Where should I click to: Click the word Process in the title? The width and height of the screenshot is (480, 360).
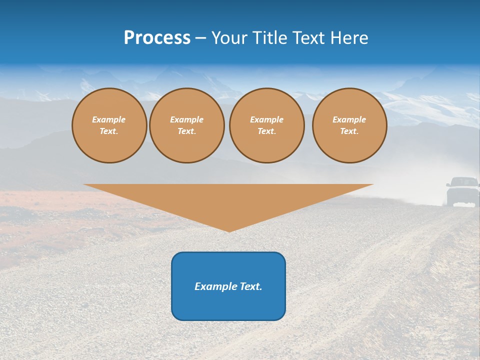tap(157, 38)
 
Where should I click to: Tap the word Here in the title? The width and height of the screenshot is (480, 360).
tap(348, 38)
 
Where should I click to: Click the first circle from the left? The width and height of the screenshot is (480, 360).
tap(109, 125)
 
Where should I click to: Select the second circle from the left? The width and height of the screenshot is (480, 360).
tap(187, 125)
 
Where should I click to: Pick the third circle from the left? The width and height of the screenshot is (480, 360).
tap(267, 125)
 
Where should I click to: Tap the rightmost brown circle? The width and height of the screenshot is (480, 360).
tap(349, 125)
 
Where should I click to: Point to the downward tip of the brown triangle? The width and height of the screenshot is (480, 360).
tap(229, 230)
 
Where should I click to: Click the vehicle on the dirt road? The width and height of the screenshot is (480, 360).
tap(462, 192)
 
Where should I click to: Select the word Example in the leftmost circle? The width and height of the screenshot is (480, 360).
tap(109, 119)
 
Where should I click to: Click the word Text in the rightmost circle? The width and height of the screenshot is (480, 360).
tap(349, 131)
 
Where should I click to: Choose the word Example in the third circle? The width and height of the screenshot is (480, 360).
tap(267, 119)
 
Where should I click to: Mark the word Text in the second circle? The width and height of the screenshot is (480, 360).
tap(186, 131)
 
